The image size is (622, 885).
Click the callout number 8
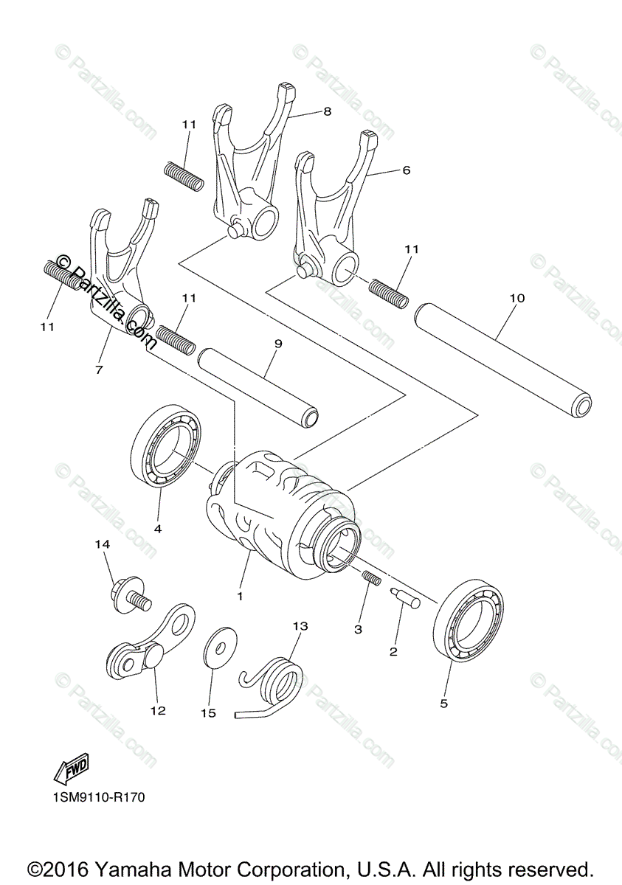[x=327, y=111]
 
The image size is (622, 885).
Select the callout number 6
[x=406, y=170]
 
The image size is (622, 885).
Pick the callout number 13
[x=300, y=626]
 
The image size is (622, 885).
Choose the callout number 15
[x=209, y=712]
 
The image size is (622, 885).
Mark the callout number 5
[x=443, y=704]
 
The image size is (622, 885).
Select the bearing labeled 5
[x=470, y=619]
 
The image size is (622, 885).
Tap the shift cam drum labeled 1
[x=284, y=516]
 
